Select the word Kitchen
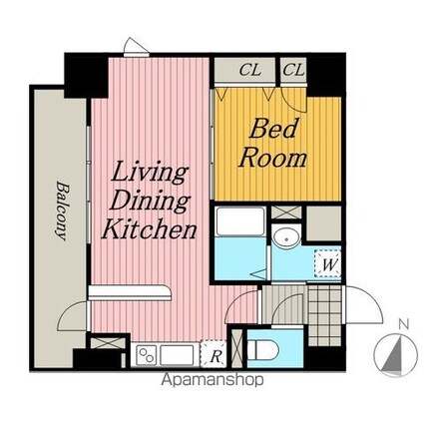149,229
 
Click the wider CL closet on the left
250,70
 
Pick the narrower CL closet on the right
293,70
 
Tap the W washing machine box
327,263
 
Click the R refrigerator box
214,353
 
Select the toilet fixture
261,348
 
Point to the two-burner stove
146,353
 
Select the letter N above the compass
402,324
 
